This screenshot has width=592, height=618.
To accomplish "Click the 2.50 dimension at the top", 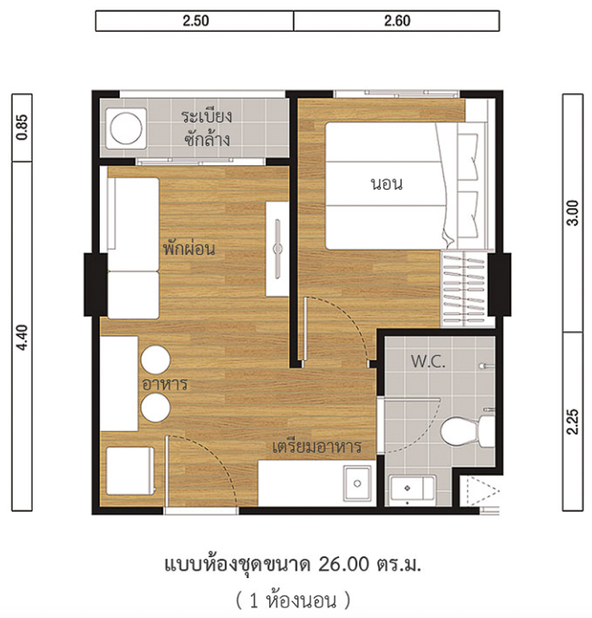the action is point(195,21).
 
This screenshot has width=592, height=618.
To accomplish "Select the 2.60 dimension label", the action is point(397,21).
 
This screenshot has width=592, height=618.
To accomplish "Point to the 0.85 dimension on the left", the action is point(22,127).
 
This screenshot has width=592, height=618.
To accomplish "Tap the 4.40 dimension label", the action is point(22,337).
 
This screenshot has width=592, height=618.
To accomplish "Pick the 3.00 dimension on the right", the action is point(573,213).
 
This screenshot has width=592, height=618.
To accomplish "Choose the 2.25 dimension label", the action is point(573,422).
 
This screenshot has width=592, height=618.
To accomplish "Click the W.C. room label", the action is point(428,362).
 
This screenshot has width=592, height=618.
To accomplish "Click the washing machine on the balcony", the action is point(126,128).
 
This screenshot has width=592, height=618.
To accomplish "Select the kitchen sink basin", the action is point(357,483).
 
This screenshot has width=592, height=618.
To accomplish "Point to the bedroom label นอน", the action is point(387,184).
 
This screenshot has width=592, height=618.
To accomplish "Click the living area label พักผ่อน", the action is point(189,248).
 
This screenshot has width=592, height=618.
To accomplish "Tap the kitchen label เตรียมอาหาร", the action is point(317,447).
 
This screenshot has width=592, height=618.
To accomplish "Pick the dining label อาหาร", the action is point(165,384).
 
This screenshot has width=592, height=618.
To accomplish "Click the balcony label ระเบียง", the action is point(207,116).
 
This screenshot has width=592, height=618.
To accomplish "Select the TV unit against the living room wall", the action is point(277,249).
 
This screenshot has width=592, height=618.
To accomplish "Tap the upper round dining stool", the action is point(155,359).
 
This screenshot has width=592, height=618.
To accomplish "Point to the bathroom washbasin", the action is point(412,489).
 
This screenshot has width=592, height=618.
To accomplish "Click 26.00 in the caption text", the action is point(343,565).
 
